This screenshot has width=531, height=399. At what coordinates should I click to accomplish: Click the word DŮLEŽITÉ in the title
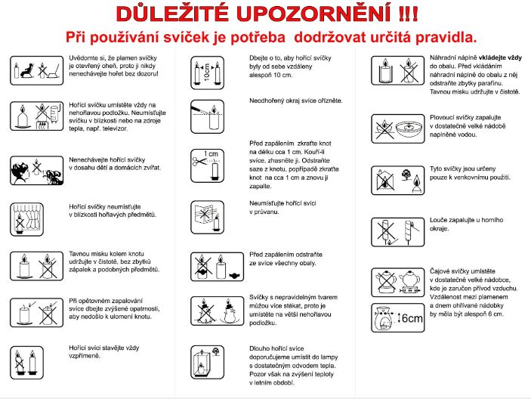click(x=172, y=14)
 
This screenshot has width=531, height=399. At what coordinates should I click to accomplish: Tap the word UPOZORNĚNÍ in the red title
click(x=315, y=14)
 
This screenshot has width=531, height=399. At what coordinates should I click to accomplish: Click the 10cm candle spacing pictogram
click(x=207, y=73)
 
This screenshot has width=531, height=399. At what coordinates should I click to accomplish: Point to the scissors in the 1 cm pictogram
click(x=199, y=161)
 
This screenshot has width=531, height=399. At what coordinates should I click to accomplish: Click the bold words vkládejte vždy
click(x=500, y=58)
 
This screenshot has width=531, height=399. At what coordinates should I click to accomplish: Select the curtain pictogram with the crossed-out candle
click(x=26, y=219)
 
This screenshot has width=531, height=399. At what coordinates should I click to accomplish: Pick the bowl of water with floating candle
click(x=409, y=128)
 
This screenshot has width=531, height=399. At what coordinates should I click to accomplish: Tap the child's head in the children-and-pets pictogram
click(x=20, y=171)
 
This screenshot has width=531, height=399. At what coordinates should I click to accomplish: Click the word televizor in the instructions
click(x=114, y=128)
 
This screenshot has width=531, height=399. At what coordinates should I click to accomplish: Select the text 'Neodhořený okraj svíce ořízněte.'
click(x=296, y=101)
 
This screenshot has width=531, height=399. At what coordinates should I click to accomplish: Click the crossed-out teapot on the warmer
click(x=385, y=282)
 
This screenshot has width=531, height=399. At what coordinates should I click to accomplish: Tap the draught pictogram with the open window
click(x=207, y=218)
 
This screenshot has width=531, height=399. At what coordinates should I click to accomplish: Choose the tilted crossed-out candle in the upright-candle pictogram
click(x=19, y=363)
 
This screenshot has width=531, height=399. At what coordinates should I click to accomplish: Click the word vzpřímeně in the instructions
click(x=85, y=356)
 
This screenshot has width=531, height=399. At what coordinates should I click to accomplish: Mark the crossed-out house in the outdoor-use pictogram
click(x=384, y=181)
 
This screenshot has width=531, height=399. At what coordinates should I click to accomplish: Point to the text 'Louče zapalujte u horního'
click(x=466, y=220)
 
